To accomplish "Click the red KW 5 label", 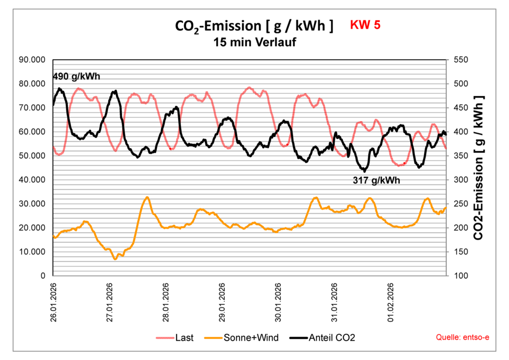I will (365, 25).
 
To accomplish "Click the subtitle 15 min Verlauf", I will (254, 43).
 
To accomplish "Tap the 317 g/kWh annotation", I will (376, 180).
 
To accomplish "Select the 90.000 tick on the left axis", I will (32, 60).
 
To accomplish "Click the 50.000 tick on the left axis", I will (32, 156).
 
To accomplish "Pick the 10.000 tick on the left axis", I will (32, 252).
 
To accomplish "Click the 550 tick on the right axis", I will (461, 60).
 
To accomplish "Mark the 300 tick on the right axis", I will (461, 180).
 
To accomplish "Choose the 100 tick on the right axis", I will (461, 275).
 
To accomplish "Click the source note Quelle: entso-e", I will (462, 338).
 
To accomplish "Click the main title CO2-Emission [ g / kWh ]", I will (254, 26).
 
